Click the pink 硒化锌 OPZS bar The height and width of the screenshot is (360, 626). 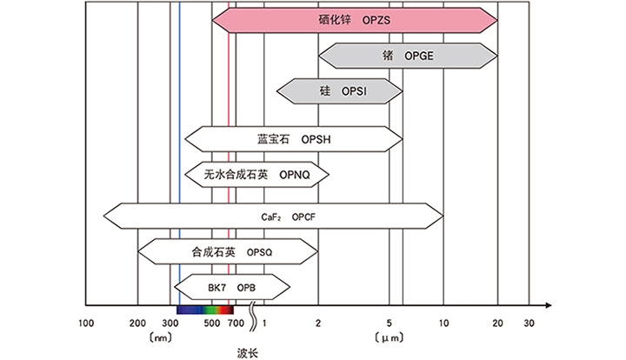click(354, 19)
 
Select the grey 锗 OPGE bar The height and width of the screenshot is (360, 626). click(407, 56)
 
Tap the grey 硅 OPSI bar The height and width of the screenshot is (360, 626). click(340, 90)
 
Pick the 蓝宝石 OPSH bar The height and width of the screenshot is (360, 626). click(295, 139)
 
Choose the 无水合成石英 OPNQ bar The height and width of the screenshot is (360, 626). click(257, 174)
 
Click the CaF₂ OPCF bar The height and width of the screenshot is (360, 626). click(273, 214)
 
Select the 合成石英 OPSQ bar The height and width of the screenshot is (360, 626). click(228, 252)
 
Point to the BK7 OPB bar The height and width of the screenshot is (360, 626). click(231, 286)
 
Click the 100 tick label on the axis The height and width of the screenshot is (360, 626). click(85, 323)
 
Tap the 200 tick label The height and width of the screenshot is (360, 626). click(137, 323)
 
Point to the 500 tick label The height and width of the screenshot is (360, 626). click(210, 323)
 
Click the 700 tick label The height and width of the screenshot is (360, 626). click(234, 323)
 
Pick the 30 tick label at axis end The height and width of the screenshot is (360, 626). click(528, 323)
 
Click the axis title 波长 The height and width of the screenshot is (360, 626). click(248, 352)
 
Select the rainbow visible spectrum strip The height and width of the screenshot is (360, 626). click(205, 309)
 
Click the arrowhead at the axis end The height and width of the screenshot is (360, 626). click(547, 305)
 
